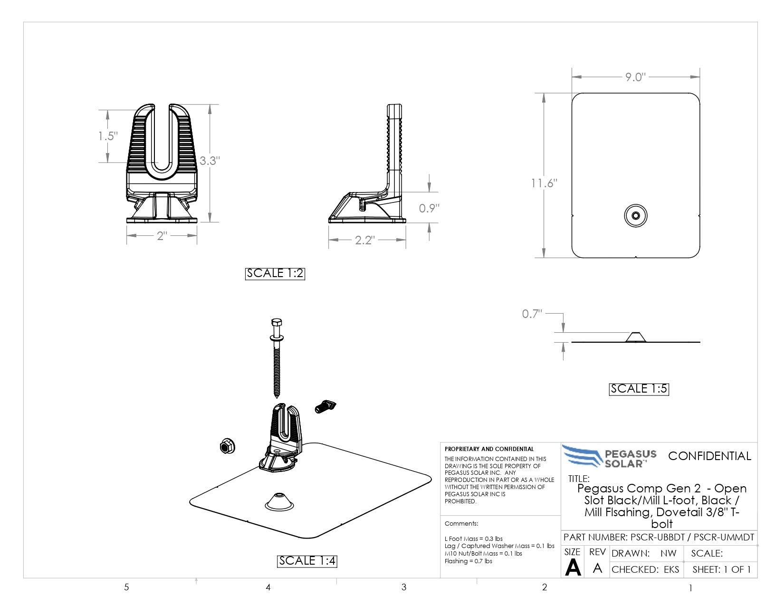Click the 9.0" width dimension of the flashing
635,77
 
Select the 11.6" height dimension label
544,183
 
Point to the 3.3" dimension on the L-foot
210,161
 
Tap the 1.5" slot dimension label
108,136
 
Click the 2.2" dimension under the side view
365,240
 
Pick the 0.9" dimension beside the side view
429,208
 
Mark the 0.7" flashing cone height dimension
532,314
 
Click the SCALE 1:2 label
275,274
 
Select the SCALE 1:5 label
639,389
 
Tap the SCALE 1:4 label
307,561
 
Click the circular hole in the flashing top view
636,216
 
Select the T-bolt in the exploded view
325,406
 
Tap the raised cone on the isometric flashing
279,502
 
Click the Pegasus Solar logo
609,456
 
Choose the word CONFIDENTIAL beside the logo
709,456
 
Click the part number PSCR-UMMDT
724,538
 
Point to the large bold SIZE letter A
573,568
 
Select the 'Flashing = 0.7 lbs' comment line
468,561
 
